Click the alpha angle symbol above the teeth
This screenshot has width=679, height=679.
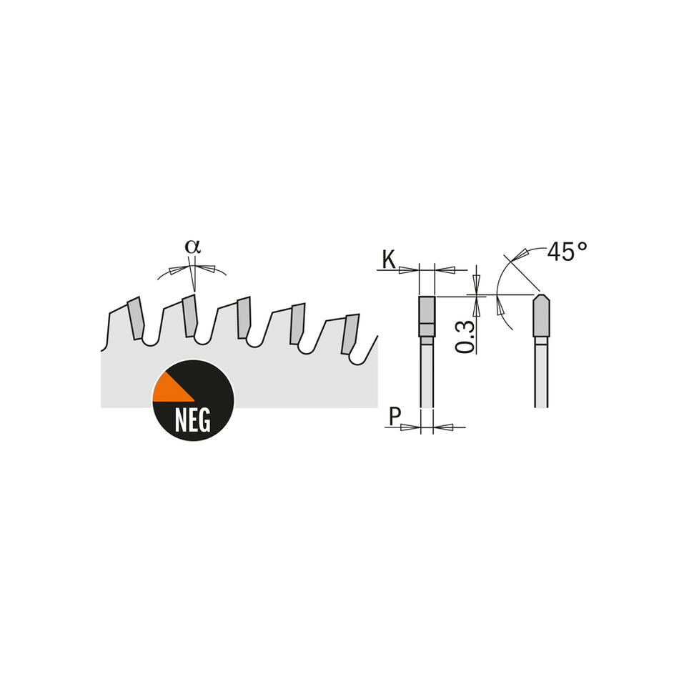tap(192, 246)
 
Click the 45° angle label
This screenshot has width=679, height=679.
tap(567, 252)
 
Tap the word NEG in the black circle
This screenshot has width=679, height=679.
tap(192, 421)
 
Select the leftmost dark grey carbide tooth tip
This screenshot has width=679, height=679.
tap(135, 319)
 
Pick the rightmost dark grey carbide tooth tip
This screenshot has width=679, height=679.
tap(350, 334)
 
